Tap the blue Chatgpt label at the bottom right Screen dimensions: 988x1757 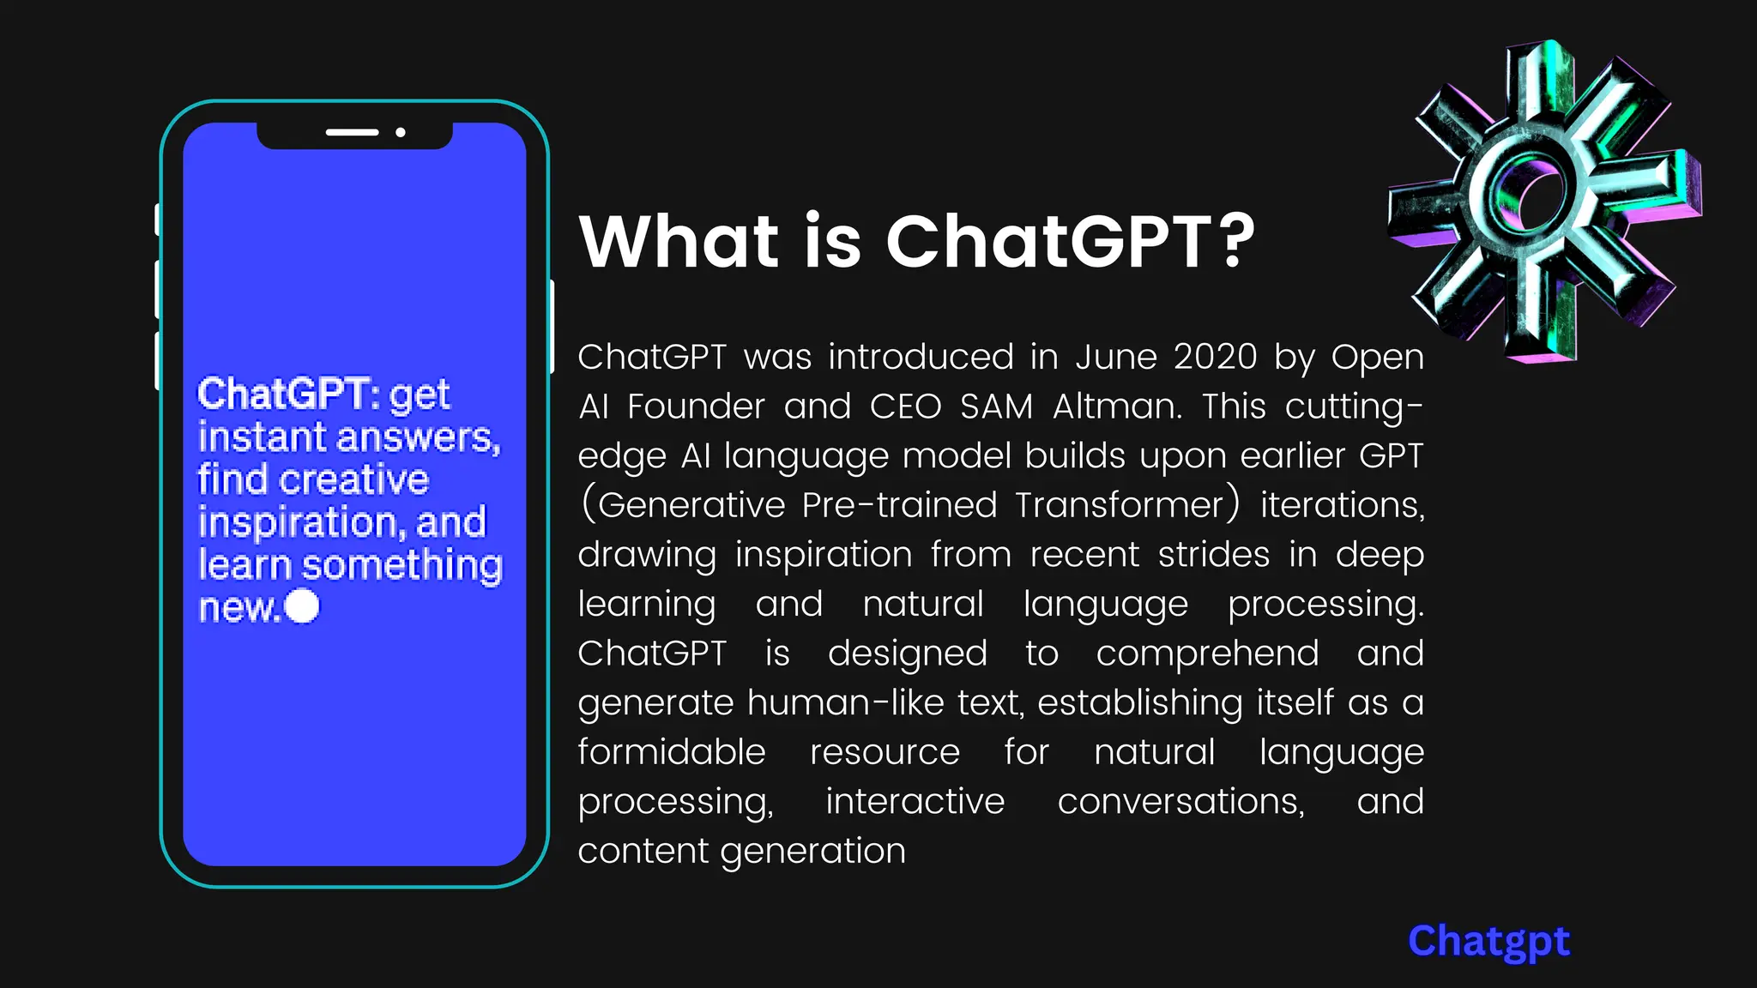1488,942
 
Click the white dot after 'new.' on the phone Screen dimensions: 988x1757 302,605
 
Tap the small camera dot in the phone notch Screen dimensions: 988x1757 401,133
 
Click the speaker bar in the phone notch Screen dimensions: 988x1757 352,133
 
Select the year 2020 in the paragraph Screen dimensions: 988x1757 1215,357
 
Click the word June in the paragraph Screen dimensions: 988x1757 1115,357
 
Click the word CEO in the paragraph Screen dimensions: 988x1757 905,406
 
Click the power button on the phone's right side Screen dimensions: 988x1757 552,326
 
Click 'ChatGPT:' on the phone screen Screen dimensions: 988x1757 288,394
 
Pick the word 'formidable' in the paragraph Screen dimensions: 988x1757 671,752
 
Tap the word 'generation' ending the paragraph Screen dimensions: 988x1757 812,851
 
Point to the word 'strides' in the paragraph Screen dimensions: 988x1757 1213,554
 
